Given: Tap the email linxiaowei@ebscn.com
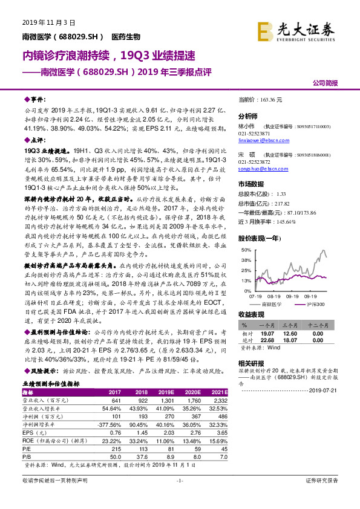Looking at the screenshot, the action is coord(265,137).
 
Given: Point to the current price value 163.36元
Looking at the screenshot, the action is coord(270,99).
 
